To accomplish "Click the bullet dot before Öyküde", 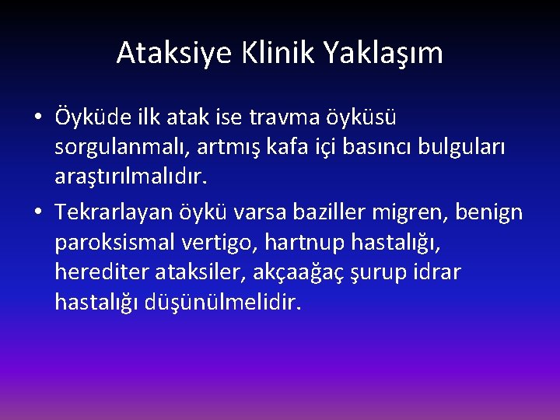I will click(x=38, y=117).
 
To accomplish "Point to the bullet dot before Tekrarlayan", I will click(x=38, y=212).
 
